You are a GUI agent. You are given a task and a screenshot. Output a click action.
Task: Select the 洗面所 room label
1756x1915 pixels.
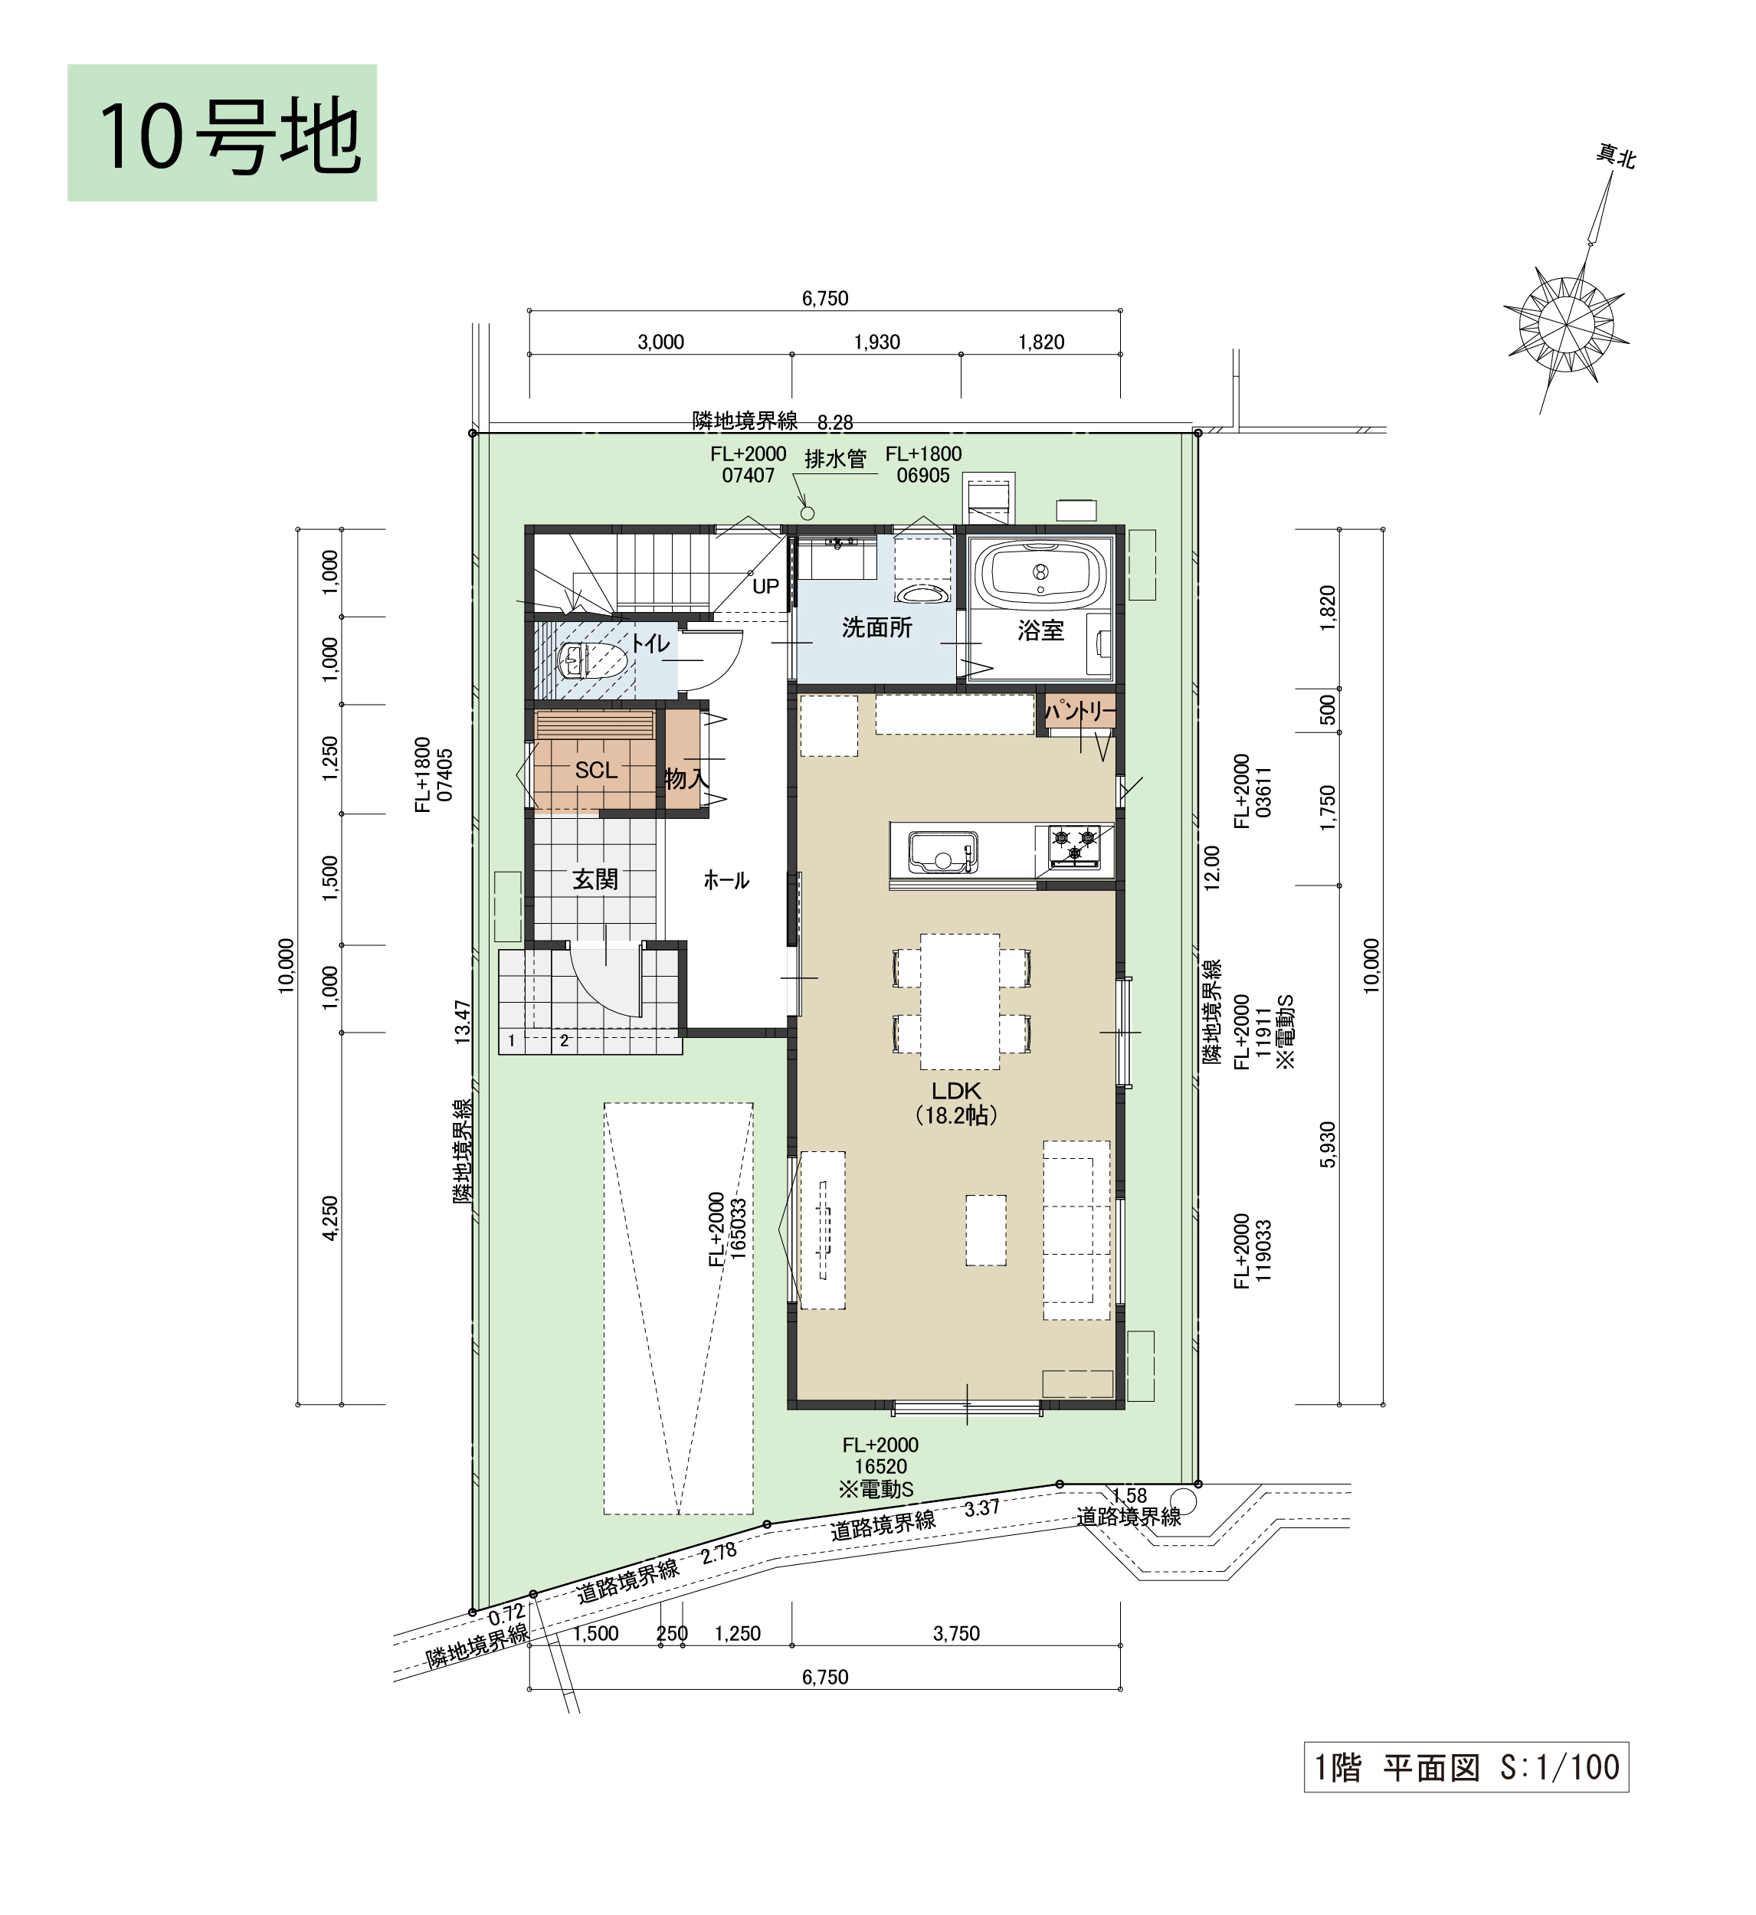coord(876,628)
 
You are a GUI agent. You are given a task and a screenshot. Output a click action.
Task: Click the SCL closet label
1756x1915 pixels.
coord(596,771)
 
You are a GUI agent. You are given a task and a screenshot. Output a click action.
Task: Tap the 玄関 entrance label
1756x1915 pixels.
coord(595,879)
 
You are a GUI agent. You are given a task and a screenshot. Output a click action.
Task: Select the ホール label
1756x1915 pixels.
coord(726,881)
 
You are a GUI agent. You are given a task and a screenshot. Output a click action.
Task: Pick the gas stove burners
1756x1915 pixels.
coord(1073,846)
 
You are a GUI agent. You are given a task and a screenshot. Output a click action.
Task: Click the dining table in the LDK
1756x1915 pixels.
coord(960,1001)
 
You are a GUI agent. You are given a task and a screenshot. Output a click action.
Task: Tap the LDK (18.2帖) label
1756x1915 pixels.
coord(956,1103)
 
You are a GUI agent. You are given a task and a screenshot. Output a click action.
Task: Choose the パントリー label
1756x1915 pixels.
coord(1080,712)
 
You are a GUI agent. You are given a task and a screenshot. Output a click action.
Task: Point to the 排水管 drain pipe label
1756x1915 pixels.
coord(835,460)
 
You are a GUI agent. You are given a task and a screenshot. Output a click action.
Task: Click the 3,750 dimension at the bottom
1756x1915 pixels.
coord(956,1633)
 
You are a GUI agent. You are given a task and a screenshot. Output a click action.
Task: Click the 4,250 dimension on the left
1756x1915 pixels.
coord(329,1218)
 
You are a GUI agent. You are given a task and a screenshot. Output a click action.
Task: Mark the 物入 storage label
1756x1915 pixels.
coord(686,779)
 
